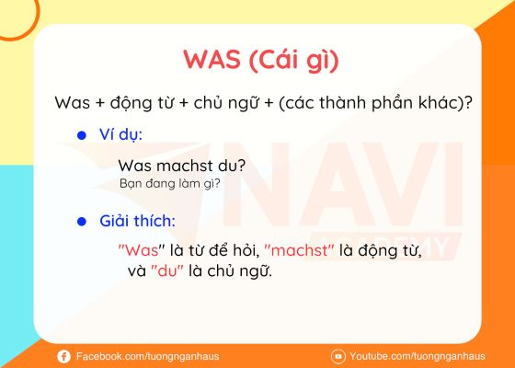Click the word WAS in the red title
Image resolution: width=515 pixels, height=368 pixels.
tap(212, 60)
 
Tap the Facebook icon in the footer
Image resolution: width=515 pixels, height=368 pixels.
tap(63, 357)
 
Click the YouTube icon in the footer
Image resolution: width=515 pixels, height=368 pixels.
tap(338, 356)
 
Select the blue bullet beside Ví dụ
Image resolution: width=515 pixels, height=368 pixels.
tap(82, 135)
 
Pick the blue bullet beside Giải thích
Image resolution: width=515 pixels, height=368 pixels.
tap(82, 222)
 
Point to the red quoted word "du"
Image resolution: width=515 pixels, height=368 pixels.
tap(167, 270)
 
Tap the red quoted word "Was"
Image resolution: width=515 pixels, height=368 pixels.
tap(142, 250)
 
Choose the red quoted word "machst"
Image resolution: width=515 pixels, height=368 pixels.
tap(299, 250)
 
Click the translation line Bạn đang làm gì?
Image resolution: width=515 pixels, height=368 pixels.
tap(170, 184)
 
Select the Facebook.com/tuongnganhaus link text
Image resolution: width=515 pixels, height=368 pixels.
tap(147, 357)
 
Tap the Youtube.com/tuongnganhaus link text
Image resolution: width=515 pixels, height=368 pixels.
tap(418, 357)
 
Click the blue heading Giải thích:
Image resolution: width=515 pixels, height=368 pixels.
tap(137, 221)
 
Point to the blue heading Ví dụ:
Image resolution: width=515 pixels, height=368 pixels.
tap(120, 134)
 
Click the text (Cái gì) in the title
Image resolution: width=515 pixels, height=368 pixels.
tap(294, 61)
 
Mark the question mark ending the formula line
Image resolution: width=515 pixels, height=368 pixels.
tap(468, 102)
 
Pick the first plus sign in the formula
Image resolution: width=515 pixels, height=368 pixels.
tap(99, 103)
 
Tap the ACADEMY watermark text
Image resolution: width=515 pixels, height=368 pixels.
tap(385, 247)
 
